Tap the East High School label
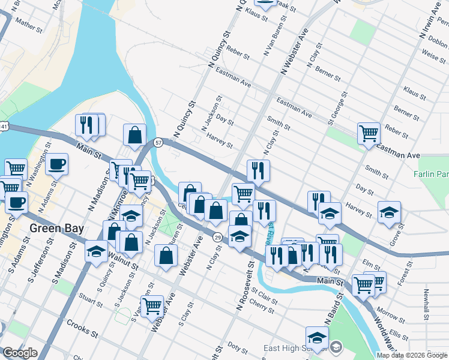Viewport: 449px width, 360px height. coord(296,348)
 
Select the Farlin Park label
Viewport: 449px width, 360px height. coord(430,174)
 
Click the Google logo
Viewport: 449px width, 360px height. coord(20,353)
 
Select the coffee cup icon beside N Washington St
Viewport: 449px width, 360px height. coord(57,164)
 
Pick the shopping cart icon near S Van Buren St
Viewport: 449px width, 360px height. coord(152,306)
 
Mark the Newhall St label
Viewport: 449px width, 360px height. coord(426,305)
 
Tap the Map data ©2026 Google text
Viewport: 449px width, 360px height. coord(412,355)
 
